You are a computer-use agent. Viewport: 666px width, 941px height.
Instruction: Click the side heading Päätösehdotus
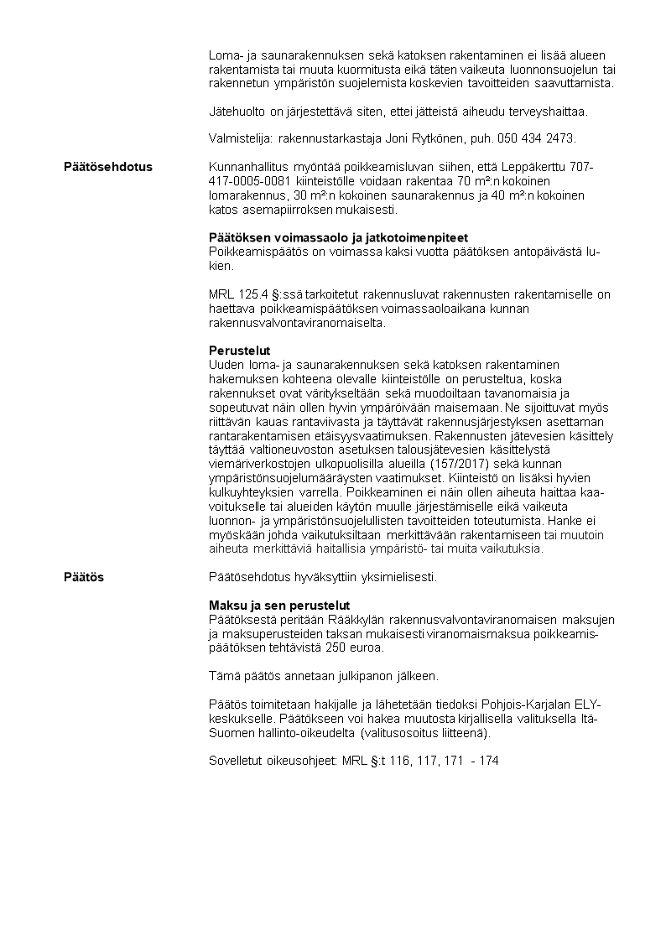tap(108, 167)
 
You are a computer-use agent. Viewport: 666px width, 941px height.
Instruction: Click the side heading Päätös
tap(84, 577)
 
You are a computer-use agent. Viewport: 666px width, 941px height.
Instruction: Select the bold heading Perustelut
tap(239, 351)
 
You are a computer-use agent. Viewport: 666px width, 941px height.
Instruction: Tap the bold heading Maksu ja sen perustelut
tap(278, 606)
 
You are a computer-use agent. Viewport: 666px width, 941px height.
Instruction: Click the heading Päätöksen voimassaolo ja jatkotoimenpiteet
tap(338, 237)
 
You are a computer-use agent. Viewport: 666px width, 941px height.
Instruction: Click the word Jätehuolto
tap(235, 111)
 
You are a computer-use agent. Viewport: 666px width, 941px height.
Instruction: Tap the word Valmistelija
tap(239, 138)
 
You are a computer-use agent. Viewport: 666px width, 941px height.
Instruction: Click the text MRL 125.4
tap(237, 294)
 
